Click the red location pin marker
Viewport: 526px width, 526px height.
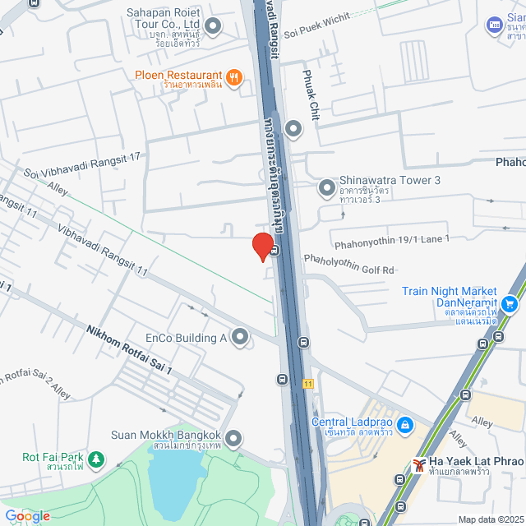point(262,246)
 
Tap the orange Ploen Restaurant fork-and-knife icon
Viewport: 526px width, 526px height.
point(234,77)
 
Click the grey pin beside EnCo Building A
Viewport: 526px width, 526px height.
point(240,336)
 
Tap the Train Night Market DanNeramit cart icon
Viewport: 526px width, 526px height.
point(510,304)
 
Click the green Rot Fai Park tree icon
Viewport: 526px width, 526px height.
point(96,458)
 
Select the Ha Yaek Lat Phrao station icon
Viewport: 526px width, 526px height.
point(419,466)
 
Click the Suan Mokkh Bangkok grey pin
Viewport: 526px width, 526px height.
point(233,437)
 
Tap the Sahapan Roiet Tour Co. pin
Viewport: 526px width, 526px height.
point(213,27)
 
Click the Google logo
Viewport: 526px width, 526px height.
point(27,516)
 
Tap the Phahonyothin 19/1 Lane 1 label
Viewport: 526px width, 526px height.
point(391,242)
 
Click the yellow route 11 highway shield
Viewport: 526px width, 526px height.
point(307,383)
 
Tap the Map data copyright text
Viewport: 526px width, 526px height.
point(490,519)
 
